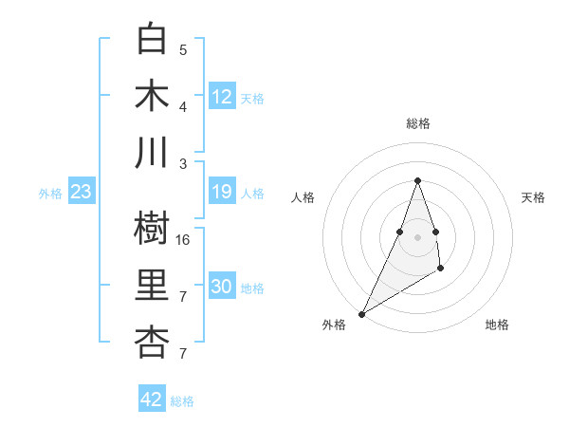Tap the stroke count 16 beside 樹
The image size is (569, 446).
point(184,239)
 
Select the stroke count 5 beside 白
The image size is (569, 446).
point(183,49)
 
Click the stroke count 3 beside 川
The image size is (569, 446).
point(183,163)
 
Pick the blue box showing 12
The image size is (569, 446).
point(222,97)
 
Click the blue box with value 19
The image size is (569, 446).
point(222,193)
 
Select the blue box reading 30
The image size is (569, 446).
point(222,288)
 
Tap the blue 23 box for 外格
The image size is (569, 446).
point(82,193)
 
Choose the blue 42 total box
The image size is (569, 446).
point(152,400)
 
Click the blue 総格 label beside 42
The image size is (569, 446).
point(182,401)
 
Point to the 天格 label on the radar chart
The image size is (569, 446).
point(533,197)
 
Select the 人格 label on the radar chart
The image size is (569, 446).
point(303,197)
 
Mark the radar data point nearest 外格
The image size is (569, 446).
point(361,314)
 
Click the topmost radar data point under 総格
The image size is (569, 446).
point(417,180)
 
